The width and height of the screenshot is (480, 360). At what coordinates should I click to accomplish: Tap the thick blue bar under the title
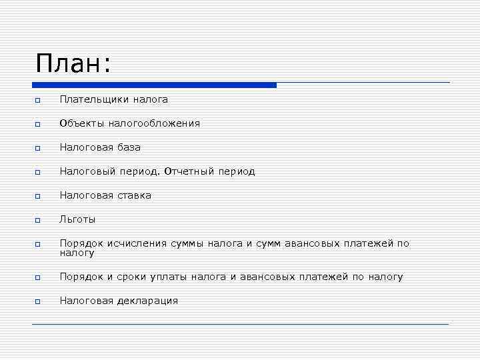[x=154, y=85]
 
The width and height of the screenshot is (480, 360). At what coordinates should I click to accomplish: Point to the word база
[x=128, y=147]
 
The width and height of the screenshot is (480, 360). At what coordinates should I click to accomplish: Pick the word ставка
[x=135, y=195]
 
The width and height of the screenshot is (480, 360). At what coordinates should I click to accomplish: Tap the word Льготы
[x=77, y=219]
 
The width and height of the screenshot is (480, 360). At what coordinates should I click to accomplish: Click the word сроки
[x=129, y=277]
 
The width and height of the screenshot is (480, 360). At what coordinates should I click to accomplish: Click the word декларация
[x=147, y=301]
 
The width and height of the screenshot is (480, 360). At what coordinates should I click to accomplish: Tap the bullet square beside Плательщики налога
[x=39, y=100]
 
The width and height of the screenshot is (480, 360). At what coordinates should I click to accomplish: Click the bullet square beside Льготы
[x=39, y=220]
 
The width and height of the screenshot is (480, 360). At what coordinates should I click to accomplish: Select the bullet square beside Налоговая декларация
[x=39, y=301]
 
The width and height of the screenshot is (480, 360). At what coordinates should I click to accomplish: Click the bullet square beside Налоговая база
[x=39, y=148]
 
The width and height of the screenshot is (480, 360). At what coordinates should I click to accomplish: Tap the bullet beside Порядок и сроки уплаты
[x=39, y=277]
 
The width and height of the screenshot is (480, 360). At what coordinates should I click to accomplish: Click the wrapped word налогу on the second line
[x=77, y=253]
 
